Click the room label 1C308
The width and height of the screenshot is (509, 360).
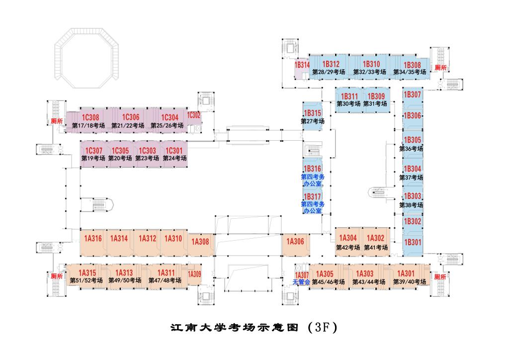[90, 117]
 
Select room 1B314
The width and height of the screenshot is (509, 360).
[302, 65]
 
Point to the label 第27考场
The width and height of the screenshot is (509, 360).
[313, 121]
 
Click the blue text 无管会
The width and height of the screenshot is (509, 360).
[301, 282]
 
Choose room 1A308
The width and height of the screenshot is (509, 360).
[201, 242]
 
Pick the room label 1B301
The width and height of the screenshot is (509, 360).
[412, 243]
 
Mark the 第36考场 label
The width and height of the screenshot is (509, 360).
[411, 149]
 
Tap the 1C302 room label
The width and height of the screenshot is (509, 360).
[194, 115]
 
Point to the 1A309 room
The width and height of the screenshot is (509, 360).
[194, 273]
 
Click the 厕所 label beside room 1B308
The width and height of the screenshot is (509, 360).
[440, 68]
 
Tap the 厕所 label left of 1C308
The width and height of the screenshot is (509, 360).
[56, 121]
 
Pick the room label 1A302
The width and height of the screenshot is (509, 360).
[376, 238]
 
